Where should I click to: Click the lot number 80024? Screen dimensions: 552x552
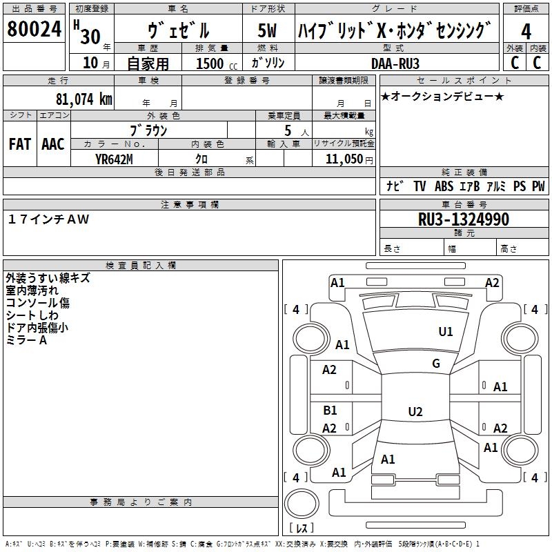[34, 30]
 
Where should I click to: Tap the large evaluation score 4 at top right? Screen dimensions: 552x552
[526, 31]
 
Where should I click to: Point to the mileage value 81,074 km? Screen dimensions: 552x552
[83, 99]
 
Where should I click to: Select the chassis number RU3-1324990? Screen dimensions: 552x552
[464, 219]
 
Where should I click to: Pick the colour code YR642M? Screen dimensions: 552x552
[114, 159]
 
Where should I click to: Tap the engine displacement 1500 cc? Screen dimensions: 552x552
[215, 63]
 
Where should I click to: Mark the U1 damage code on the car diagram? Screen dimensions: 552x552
[446, 332]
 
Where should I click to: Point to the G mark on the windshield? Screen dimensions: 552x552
[435, 364]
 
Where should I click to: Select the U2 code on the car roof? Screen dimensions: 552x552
[415, 412]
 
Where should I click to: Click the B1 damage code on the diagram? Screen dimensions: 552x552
[331, 411]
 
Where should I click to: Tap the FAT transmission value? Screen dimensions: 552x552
[19, 144]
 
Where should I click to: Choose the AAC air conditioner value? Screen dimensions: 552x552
[53, 144]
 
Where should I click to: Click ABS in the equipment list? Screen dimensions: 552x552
[444, 186]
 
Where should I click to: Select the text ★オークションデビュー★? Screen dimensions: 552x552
[442, 96]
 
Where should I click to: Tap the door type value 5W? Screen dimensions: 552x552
[267, 31]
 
